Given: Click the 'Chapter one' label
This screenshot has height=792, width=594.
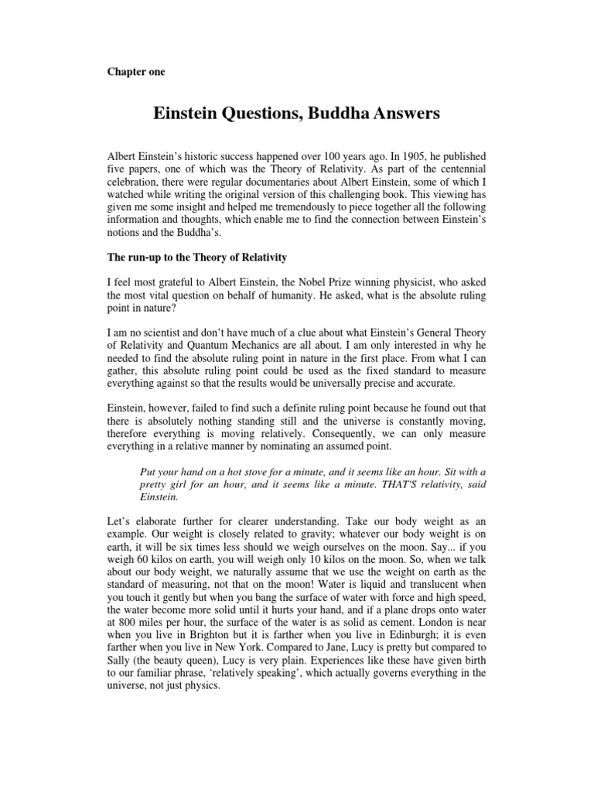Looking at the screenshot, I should coord(135,72).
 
